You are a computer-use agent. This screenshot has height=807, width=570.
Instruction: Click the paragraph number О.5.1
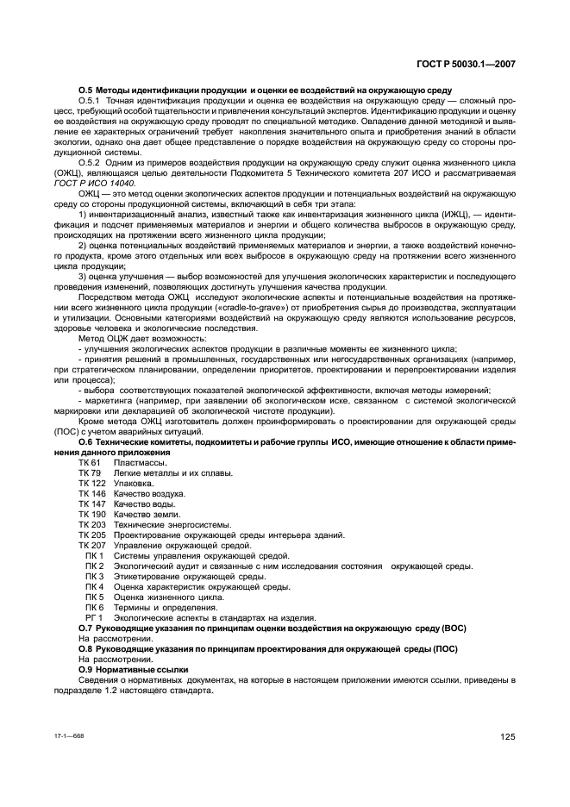pos(91,102)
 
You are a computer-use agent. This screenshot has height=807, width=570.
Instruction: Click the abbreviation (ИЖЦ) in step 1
pos(452,213)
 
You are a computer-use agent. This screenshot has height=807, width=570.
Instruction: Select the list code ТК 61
pos(90,463)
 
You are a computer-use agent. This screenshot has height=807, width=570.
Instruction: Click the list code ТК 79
pos(90,473)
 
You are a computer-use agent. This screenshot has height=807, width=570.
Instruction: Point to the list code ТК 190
pos(92,514)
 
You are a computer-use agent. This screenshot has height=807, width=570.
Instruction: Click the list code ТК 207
pos(92,545)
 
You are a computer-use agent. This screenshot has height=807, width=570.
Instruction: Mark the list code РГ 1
pos(93,616)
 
